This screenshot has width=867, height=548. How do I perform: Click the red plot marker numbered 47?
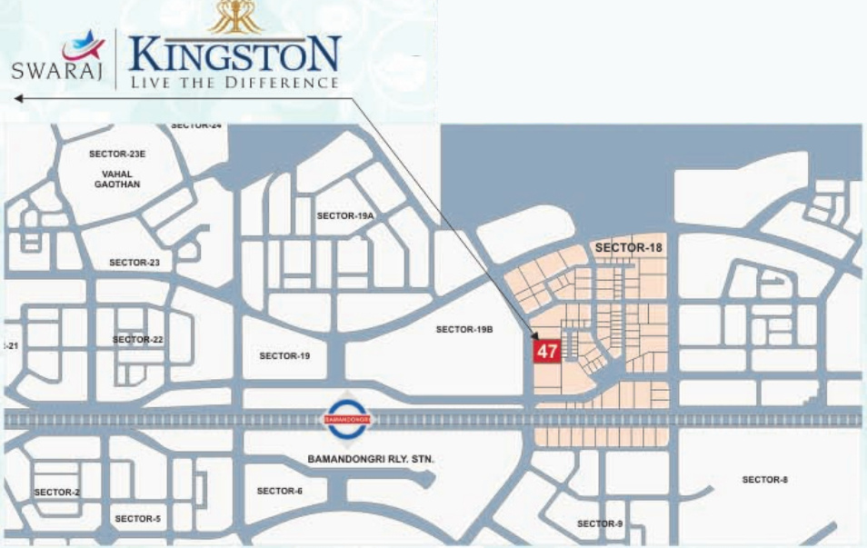click(546, 352)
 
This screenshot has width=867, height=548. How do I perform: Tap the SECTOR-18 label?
click(630, 247)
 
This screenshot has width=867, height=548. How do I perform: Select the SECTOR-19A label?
click(345, 215)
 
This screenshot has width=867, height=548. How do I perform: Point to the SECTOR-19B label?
click(463, 329)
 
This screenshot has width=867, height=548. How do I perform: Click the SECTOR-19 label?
click(284, 355)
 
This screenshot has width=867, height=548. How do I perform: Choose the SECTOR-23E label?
click(117, 154)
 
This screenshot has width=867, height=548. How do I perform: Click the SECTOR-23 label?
click(135, 262)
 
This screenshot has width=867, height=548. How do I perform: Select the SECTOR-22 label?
click(137, 339)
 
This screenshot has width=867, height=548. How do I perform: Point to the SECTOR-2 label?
click(57, 492)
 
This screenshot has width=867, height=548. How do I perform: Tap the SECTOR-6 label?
click(279, 491)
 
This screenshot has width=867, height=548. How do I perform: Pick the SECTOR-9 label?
click(600, 523)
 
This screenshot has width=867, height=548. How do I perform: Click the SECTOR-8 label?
click(764, 479)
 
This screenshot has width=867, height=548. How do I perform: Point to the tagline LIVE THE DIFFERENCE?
click(234, 83)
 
